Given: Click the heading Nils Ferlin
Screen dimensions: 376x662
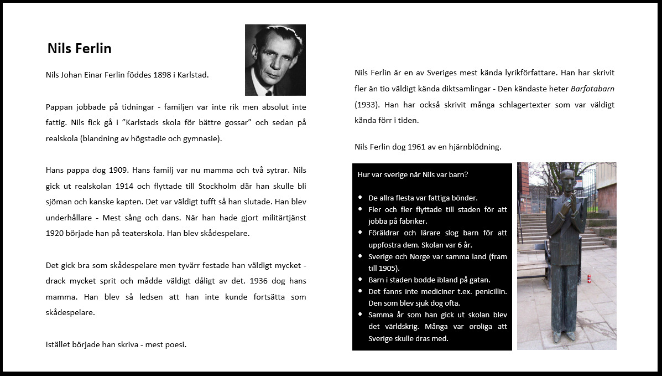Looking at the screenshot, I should (80, 49).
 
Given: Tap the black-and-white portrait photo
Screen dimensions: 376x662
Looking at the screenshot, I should (275, 60).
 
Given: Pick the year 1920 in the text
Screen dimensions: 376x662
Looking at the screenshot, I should (56, 233).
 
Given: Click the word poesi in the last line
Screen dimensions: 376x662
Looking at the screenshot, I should (176, 344).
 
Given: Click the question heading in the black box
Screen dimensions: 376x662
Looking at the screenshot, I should (413, 174).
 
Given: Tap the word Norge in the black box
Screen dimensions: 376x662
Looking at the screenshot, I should (419, 256).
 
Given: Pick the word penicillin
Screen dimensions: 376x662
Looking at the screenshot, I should (488, 291).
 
